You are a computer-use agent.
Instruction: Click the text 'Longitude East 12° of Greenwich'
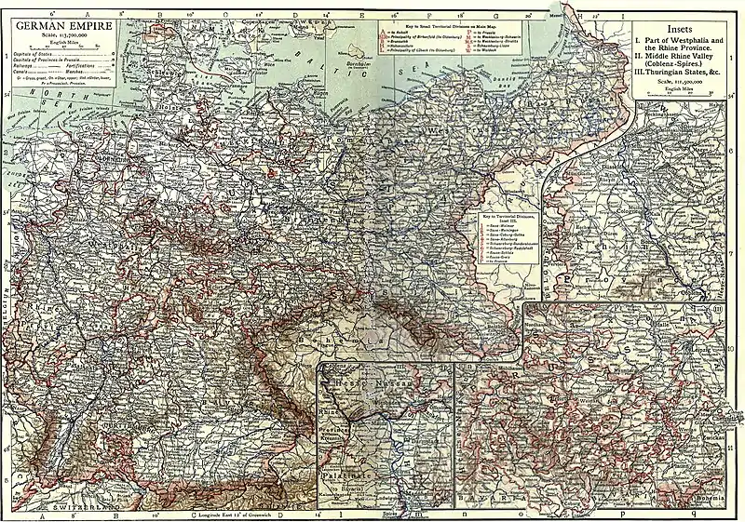(x=228, y=514)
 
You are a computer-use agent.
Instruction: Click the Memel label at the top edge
(x=558, y=14)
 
